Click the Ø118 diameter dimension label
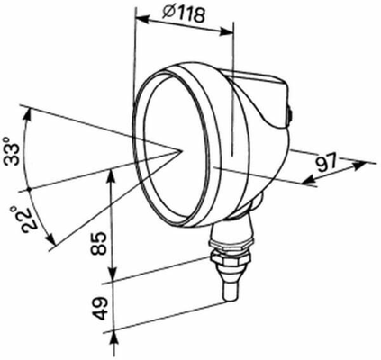point(184,13)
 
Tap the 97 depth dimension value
point(327,163)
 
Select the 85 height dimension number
point(99,243)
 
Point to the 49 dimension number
point(99,309)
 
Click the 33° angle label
point(12,150)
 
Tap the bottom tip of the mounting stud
point(231,301)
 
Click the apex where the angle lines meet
point(181,150)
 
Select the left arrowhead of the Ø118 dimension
point(141,19)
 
